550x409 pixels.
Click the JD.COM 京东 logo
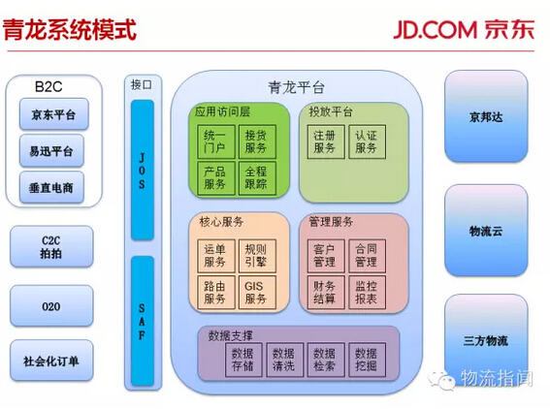464,29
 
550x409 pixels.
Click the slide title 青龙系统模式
69,29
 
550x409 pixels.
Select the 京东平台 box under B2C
53,114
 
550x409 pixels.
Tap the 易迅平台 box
51,150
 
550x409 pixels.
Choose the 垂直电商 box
51,187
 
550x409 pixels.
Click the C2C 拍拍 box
51,246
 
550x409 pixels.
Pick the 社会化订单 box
51,361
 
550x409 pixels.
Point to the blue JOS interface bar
143,170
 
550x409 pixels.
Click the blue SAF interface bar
143,321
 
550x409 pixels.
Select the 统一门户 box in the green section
216,142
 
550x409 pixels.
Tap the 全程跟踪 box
257,178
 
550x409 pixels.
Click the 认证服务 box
368,142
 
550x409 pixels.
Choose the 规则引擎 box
257,256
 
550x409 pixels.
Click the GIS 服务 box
257,293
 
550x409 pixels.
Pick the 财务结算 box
326,293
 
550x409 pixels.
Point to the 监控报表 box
368,293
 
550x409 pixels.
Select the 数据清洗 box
284,360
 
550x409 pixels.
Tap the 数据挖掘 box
368,360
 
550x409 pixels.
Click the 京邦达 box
486,116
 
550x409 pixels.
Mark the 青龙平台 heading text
296,87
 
